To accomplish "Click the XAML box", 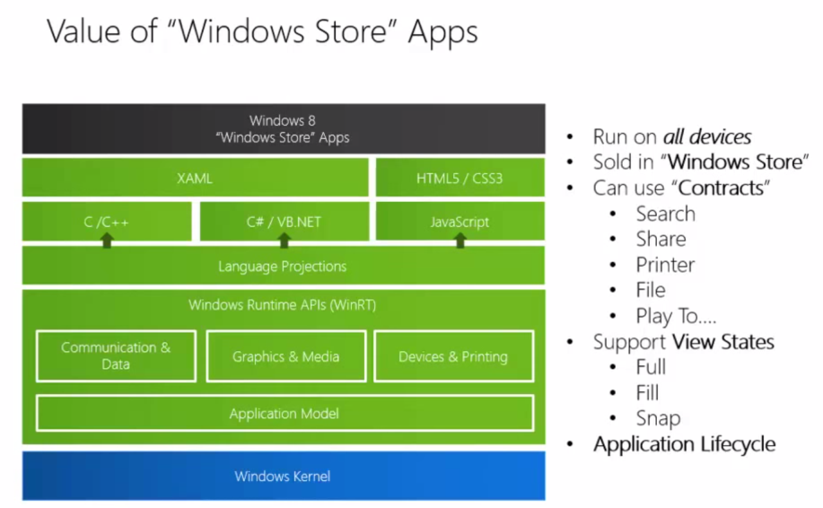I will (x=195, y=178).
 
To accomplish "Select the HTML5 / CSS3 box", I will (x=460, y=178).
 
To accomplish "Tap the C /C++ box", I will (x=107, y=221).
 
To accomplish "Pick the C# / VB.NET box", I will (x=284, y=221).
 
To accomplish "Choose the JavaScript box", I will (x=460, y=221).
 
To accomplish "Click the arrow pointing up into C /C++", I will (x=107, y=240).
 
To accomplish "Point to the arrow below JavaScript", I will (x=460, y=240).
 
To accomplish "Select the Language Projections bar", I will (x=283, y=266).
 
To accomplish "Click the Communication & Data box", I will (x=116, y=355).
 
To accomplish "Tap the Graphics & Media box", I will (x=285, y=356).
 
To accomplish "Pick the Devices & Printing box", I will (x=453, y=356).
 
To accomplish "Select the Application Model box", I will (x=284, y=413).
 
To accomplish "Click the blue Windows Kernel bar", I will (x=283, y=476).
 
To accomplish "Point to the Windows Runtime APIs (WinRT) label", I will (x=282, y=305).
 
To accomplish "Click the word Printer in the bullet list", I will (x=665, y=265).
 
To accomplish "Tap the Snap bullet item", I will (x=658, y=418).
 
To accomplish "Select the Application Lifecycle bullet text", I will (x=684, y=444).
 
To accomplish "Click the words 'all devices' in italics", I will (x=707, y=137).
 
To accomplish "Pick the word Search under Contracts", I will (x=665, y=214).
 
